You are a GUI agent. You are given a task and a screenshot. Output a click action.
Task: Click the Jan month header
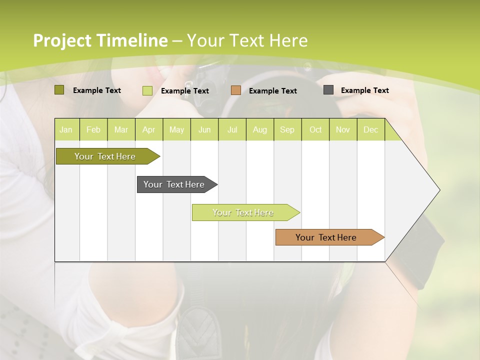pos(66,129)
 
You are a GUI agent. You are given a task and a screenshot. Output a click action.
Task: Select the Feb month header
pos(93,129)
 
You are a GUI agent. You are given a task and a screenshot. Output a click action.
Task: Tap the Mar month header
pos(121,129)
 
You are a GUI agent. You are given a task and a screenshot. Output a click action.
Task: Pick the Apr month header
pos(149,129)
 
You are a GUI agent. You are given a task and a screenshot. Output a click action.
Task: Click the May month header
pos(176,129)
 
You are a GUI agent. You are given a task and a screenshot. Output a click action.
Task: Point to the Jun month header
pos(204,129)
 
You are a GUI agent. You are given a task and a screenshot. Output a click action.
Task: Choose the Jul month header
pos(232,129)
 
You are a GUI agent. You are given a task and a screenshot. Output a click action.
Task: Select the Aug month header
pos(260,129)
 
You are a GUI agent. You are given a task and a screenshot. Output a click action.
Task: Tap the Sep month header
pos(287,129)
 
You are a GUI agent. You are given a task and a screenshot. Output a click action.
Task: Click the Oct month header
pos(315,129)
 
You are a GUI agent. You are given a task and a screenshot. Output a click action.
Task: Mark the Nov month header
pos(343,129)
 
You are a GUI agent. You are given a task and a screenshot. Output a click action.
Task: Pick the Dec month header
pos(371,129)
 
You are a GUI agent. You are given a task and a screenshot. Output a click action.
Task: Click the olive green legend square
pos(59,90)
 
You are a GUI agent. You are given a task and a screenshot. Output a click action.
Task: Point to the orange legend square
pos(236,90)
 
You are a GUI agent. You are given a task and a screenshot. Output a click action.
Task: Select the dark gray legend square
pos(328,90)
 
